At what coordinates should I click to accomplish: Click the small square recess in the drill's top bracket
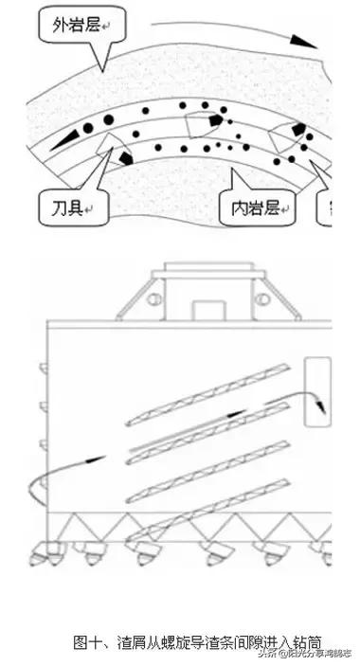(x=205, y=311)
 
